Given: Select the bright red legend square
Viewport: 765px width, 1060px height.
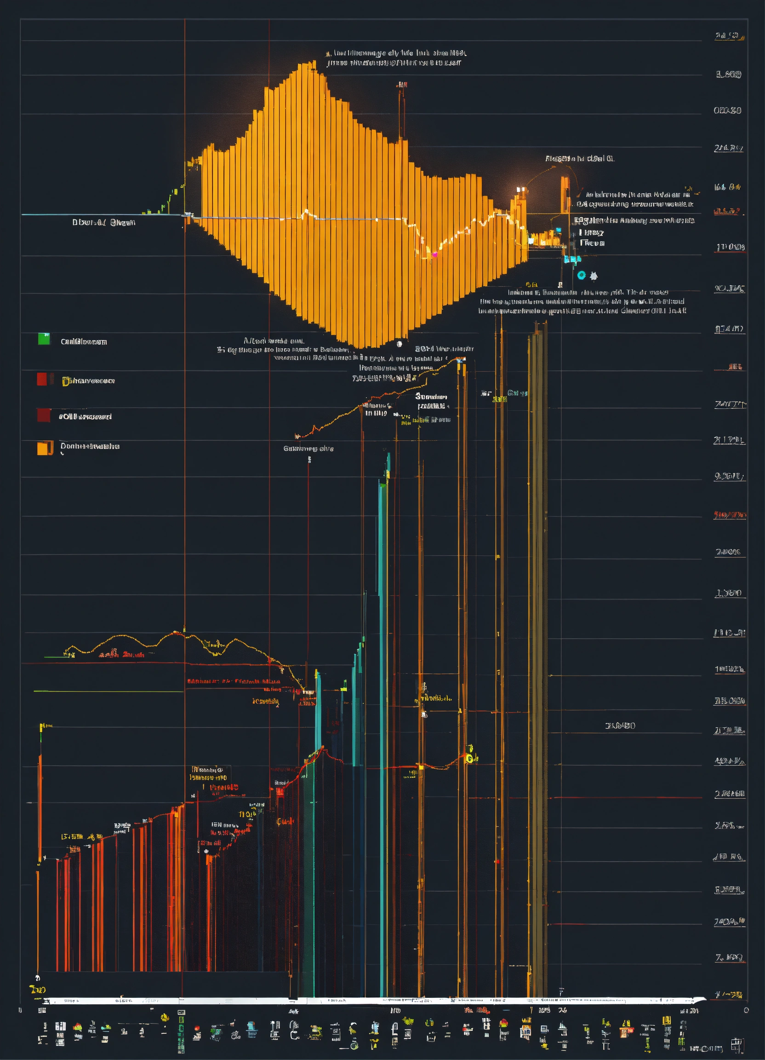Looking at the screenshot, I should click(x=42, y=379).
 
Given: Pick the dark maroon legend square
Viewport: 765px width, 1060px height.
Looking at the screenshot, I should click(x=43, y=415).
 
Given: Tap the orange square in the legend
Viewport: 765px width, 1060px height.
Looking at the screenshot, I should click(x=42, y=448).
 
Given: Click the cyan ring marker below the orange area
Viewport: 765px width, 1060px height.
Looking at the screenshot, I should click(x=581, y=275).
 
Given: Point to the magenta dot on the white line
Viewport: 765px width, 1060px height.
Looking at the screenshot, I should click(x=435, y=254).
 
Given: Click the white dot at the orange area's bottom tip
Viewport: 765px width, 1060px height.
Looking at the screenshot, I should click(x=400, y=344).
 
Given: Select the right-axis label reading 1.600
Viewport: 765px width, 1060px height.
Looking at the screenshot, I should click(x=729, y=75).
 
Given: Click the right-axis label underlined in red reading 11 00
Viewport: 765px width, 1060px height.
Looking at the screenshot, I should click(x=730, y=247).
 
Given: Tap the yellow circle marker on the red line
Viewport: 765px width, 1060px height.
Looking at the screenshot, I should click(x=469, y=759).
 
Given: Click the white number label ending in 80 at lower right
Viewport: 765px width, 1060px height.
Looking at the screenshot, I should click(x=620, y=726).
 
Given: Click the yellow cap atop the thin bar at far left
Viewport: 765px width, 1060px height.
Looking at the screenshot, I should click(x=42, y=727).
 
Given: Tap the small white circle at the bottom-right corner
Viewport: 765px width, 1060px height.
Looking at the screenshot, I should click(x=746, y=1010).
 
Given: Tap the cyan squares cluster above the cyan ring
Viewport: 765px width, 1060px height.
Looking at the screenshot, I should click(x=571, y=259).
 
